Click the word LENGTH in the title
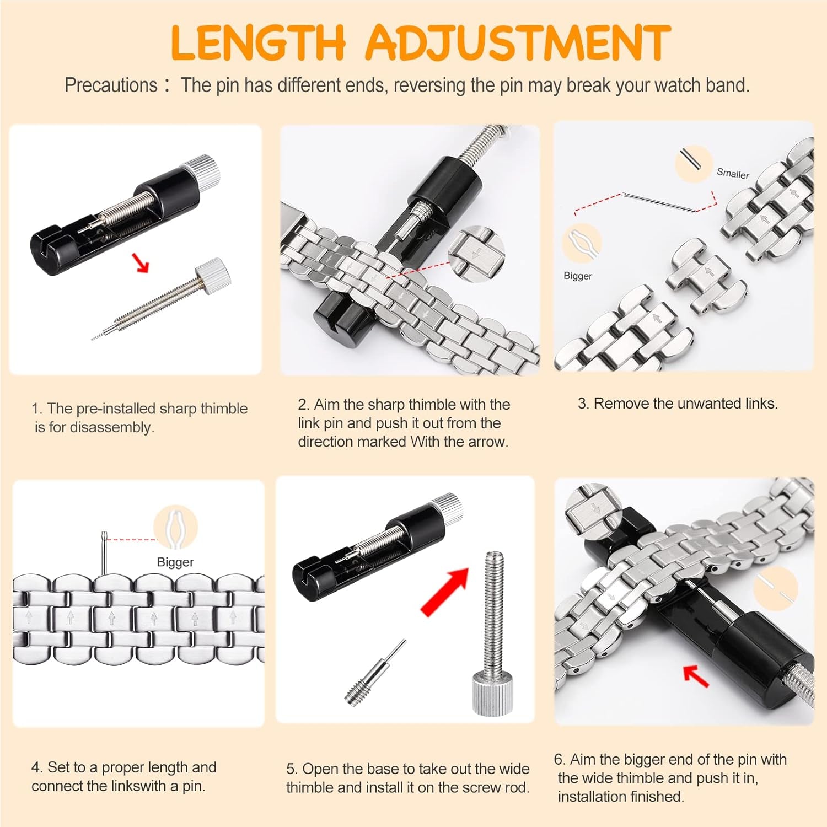pos(258,43)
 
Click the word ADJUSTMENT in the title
pos(517,43)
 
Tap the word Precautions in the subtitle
pos(111,85)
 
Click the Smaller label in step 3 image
pos(733,174)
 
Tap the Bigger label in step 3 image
pos(578,276)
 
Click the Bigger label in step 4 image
pos(175,562)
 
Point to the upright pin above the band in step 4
pos(104,554)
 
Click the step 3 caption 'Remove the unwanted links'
pos(678,404)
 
